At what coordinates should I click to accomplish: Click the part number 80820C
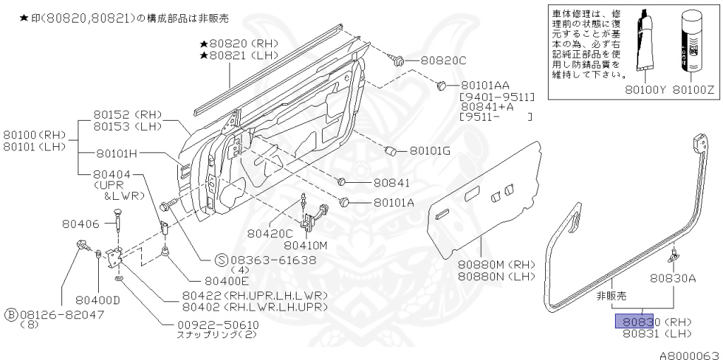click(443, 61)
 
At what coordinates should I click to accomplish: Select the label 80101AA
click(484, 85)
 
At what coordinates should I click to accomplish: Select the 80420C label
click(269, 232)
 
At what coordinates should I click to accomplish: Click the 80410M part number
click(306, 245)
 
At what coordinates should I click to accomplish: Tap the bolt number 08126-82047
click(60, 312)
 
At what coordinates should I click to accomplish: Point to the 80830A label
click(674, 278)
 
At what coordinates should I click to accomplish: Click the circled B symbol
click(11, 312)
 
